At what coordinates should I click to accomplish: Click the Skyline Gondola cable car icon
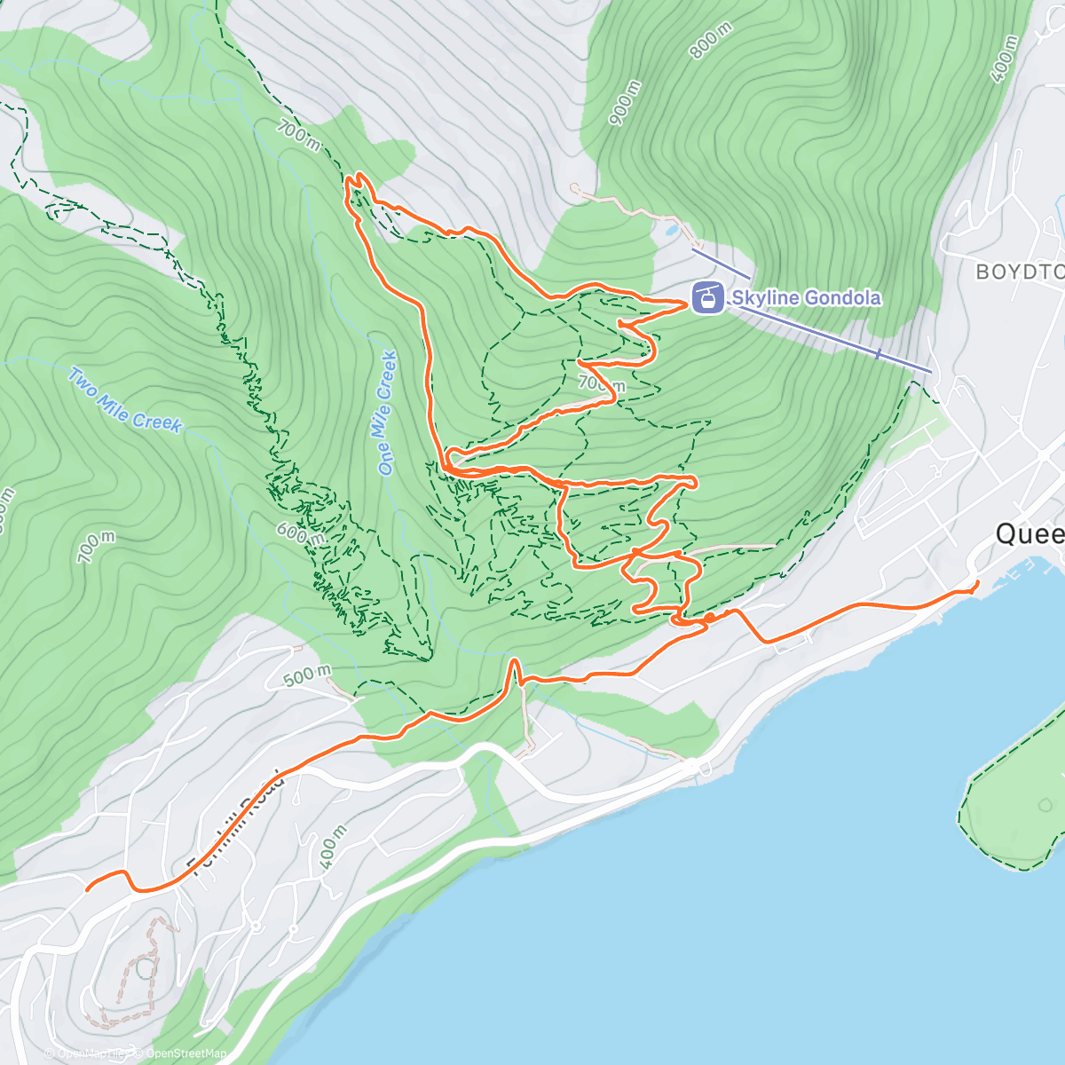(x=707, y=297)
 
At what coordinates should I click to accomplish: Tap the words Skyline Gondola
(x=806, y=297)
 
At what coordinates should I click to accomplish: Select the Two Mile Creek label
(x=124, y=400)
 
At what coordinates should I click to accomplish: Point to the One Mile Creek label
(x=386, y=413)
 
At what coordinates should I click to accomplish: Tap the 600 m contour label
(x=299, y=533)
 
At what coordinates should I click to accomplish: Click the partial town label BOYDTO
(x=1019, y=272)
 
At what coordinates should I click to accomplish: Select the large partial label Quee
(x=1029, y=534)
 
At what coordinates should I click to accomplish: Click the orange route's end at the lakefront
(x=977, y=582)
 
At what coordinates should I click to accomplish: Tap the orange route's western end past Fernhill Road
(x=87, y=887)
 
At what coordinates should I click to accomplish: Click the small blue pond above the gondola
(x=668, y=230)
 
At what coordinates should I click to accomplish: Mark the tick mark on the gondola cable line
(x=878, y=354)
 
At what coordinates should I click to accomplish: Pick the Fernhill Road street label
(x=235, y=821)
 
